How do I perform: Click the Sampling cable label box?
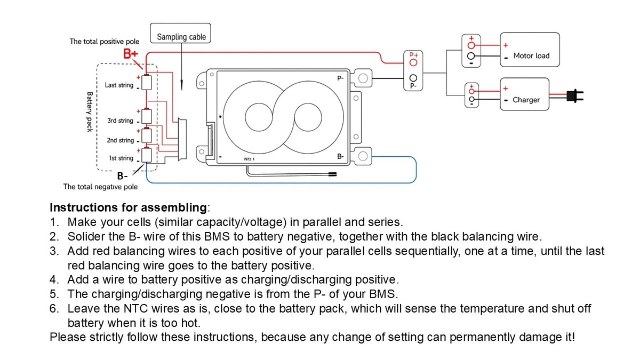[180, 33]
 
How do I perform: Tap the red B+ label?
[131, 54]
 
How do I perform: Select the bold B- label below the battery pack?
[122, 176]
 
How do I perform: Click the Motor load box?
[530, 50]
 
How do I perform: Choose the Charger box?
[524, 94]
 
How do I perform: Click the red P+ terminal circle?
[413, 62]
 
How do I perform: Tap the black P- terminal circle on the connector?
[413, 78]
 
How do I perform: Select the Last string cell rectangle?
[147, 83]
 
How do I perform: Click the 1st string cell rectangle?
[147, 155]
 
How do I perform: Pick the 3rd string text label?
[121, 121]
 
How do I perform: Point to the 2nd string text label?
[121, 140]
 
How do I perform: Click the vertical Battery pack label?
[90, 112]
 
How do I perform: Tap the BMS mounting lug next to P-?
[362, 78]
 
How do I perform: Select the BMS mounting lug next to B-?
[362, 156]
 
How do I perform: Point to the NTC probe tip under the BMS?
[333, 174]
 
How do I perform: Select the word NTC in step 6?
[135, 309]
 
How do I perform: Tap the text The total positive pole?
[105, 42]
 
